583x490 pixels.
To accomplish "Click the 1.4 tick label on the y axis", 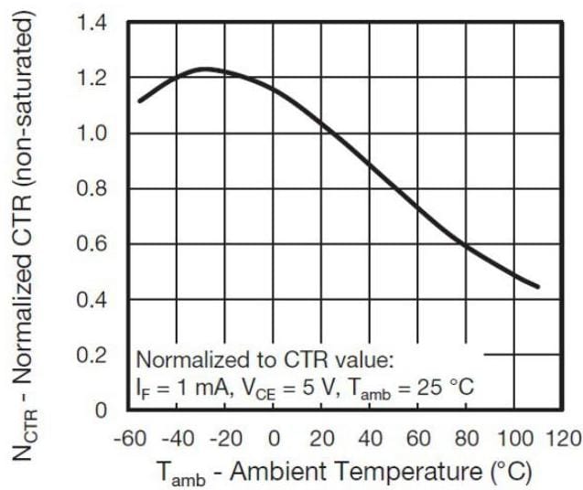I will [92, 22].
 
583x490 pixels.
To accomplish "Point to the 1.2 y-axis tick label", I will [92, 78].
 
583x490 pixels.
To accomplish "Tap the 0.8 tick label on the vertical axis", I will [92, 189].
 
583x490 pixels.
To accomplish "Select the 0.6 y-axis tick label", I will [92, 244].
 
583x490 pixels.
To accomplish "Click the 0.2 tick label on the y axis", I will [92, 355].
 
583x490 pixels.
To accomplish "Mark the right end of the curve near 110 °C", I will [538, 287].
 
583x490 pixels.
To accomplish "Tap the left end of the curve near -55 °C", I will [139, 101].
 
